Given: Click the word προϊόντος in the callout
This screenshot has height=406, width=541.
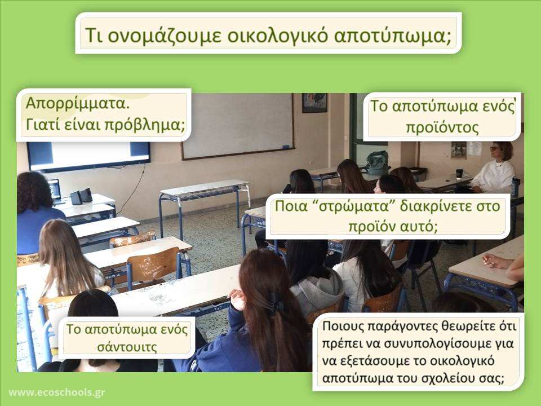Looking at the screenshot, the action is click(442, 127).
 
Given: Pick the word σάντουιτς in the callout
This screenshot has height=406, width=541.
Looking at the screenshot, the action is click(127, 347).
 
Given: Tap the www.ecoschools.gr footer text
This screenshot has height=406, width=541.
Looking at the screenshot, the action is click(56, 392).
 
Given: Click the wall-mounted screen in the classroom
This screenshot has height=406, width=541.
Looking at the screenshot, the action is click(88, 156).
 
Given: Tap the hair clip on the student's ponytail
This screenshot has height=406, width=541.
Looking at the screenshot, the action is click(276, 303).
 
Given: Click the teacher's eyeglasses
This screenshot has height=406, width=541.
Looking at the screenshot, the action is click(495, 149).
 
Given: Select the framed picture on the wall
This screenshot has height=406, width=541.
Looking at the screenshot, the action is click(314, 103).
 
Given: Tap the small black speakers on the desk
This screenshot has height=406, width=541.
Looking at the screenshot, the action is click(81, 196).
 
